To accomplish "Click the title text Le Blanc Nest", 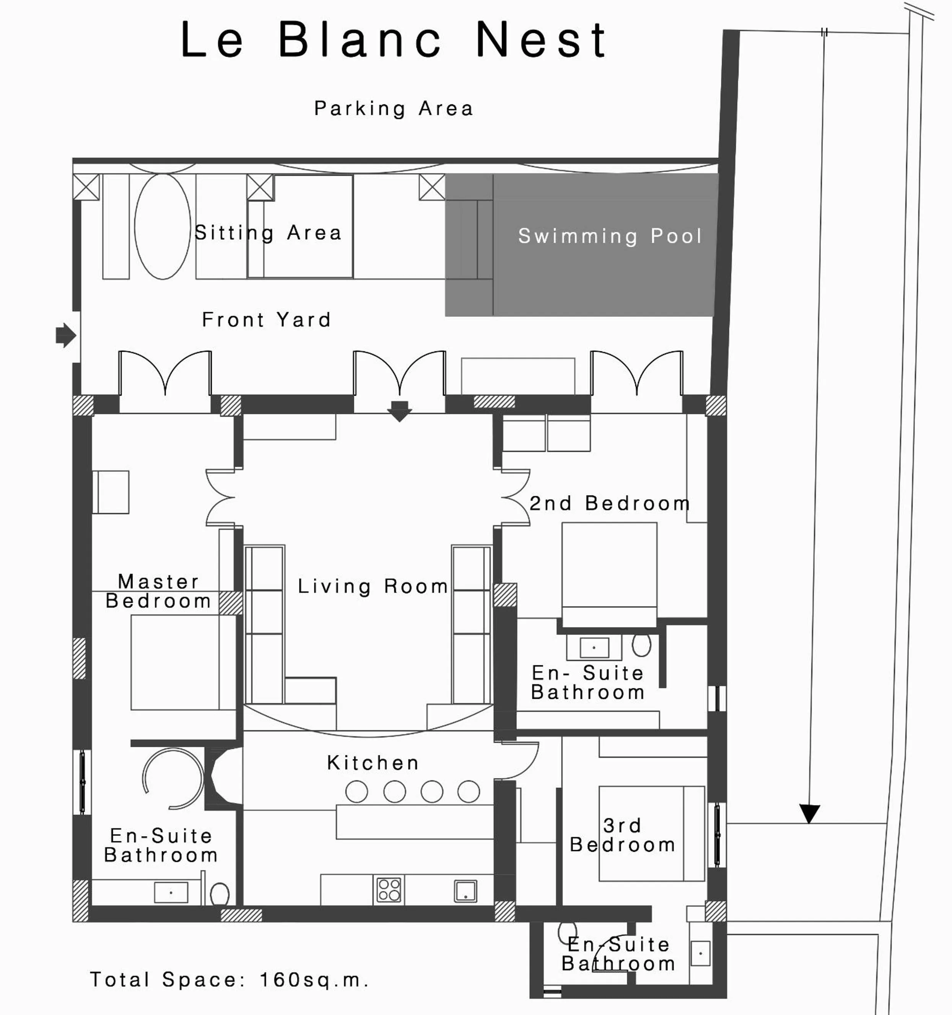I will pyautogui.click(x=393, y=40).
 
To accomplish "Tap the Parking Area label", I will pyautogui.click(x=393, y=109).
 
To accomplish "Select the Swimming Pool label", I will pyautogui.click(x=610, y=236).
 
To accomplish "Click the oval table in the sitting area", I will pyautogui.click(x=163, y=226).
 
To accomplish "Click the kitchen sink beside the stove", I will pyautogui.click(x=465, y=890).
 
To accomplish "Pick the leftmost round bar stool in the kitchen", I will pyautogui.click(x=356, y=792).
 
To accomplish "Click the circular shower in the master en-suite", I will pyautogui.click(x=172, y=779).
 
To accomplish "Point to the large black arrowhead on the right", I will pyautogui.click(x=809, y=813).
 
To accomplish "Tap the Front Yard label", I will pyautogui.click(x=266, y=320).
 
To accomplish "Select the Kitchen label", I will pyautogui.click(x=373, y=763).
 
